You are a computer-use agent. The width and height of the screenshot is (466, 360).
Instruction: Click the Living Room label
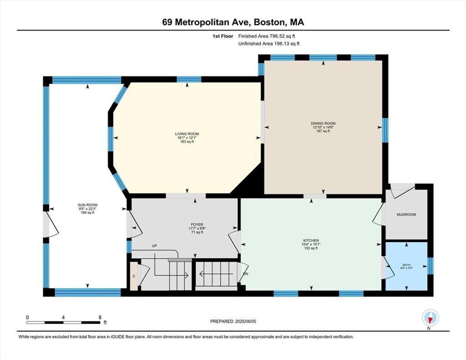[x=187, y=134]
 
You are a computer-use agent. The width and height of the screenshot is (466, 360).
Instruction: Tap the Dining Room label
[x=323, y=123]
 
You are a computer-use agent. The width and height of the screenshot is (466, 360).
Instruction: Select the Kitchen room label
[x=311, y=240]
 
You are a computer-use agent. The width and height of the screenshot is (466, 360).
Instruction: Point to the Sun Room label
[x=88, y=205]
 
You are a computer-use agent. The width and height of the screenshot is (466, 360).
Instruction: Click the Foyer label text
[x=197, y=224]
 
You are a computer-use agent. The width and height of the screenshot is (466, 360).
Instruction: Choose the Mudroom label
[x=406, y=214]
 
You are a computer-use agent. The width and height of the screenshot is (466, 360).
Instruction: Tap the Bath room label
[x=406, y=265]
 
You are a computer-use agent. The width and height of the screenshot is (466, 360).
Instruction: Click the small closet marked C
[x=134, y=275]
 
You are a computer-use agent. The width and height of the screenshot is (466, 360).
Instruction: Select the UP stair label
[x=154, y=246]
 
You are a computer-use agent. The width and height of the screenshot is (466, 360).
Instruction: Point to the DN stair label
[x=245, y=274]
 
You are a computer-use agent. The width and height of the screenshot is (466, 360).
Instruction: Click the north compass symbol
[x=430, y=318]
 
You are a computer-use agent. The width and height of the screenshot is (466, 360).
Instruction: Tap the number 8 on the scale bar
[x=100, y=317]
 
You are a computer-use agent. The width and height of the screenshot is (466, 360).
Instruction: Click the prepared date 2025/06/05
[x=245, y=321]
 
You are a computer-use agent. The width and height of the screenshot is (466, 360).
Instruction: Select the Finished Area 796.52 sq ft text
[x=267, y=36]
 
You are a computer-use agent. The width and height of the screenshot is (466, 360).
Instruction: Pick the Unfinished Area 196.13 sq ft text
[x=269, y=43]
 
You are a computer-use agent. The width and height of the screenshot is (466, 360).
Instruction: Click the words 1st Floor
[x=223, y=36]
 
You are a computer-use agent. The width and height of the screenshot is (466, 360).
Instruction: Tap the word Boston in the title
[x=271, y=22]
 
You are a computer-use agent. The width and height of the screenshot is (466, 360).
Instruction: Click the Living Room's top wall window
[x=189, y=79]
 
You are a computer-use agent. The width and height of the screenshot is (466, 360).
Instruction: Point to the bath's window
[x=431, y=265]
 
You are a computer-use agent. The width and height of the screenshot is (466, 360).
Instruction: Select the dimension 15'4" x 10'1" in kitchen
[x=311, y=244]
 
